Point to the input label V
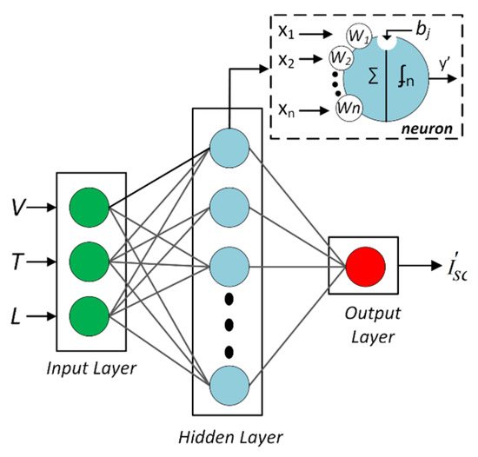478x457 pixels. [x=18, y=209]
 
